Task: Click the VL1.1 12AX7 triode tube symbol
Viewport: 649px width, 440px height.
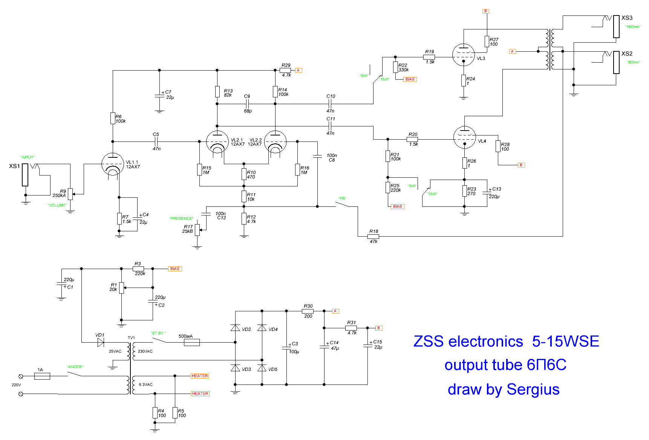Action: pyautogui.click(x=113, y=164)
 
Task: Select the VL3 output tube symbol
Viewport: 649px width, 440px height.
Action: pyautogui.click(x=463, y=55)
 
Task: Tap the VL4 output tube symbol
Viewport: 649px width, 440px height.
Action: pyautogui.click(x=465, y=137)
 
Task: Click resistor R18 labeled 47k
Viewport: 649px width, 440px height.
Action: pyautogui.click(x=373, y=237)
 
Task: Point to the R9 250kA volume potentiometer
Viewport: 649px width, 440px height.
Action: pyautogui.click(x=70, y=194)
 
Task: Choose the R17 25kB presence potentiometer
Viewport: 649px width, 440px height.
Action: pyautogui.click(x=197, y=230)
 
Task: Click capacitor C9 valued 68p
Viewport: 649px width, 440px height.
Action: pyautogui.click(x=247, y=104)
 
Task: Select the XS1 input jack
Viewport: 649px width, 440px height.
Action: pyautogui.click(x=25, y=175)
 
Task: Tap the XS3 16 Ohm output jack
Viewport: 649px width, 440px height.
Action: pyautogui.click(x=616, y=26)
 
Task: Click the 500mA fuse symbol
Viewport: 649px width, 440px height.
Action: pyautogui.click(x=191, y=342)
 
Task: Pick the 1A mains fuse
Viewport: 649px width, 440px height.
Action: pyautogui.click(x=42, y=376)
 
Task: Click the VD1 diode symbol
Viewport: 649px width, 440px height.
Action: pyautogui.click(x=100, y=342)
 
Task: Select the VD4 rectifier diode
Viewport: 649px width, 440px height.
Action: pyautogui.click(x=262, y=328)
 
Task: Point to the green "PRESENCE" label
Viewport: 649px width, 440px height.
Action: pyautogui.click(x=181, y=218)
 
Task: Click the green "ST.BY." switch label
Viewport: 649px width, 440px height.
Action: pyautogui.click(x=158, y=333)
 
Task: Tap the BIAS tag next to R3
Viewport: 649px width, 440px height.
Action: pyautogui.click(x=175, y=269)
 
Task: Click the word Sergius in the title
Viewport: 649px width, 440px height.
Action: pyautogui.click(x=533, y=389)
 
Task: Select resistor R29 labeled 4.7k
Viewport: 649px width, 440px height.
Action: pyautogui.click(x=285, y=70)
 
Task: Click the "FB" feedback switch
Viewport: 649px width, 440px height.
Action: pyautogui.click(x=346, y=205)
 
